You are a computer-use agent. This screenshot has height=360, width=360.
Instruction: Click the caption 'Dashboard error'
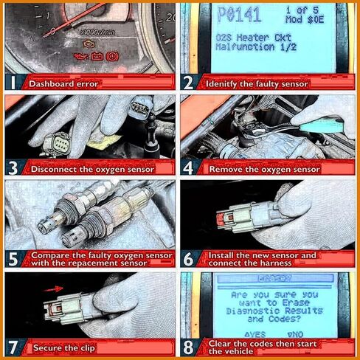click(x=63, y=84)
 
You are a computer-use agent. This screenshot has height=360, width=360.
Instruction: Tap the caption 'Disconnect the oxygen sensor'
click(x=92, y=169)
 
